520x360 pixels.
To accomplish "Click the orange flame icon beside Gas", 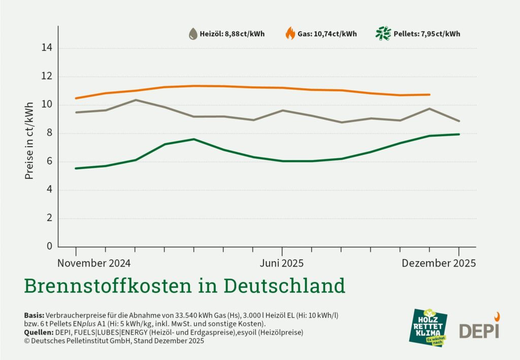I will pos(290,34).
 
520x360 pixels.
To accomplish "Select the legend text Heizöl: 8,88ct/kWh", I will pos(232,35).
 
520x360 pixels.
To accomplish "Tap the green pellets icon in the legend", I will pos(383,34).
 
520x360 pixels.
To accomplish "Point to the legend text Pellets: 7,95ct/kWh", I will pos(427,35).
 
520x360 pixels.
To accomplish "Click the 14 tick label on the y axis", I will pos(47,48).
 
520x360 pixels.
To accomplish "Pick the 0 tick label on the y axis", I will pos(49,246).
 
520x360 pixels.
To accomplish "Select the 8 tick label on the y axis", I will pos(49,134).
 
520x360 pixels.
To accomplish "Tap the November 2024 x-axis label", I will pos(93,263).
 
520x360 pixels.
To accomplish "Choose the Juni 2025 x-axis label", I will pos(282,263).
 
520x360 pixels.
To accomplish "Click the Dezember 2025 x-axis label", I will pos(439,263).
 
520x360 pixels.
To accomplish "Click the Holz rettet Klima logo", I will pos(430,328).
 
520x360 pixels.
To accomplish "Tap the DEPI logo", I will pos(480,327).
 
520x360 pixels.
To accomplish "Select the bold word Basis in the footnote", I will pos(34,315).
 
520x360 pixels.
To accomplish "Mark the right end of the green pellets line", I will pos(459,134).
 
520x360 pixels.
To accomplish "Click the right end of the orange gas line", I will pos(430,94).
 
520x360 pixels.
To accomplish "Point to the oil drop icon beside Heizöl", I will pos(193,34).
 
